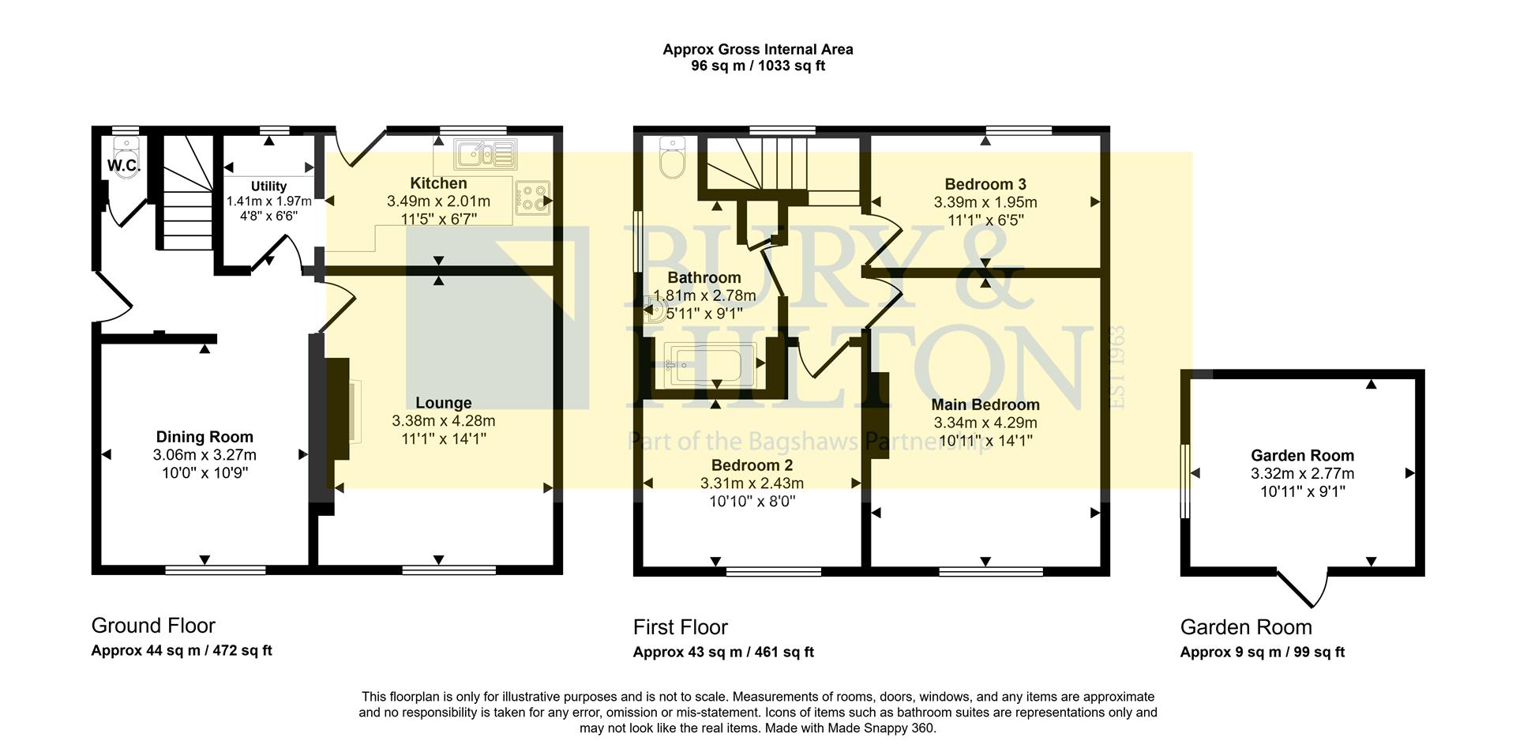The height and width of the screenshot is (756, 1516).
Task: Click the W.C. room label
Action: coord(124,166)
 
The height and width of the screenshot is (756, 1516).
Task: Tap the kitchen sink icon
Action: coord(485,154)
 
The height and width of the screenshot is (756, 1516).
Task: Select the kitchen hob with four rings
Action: coord(532,198)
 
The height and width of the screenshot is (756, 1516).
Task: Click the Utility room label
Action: coord(268,186)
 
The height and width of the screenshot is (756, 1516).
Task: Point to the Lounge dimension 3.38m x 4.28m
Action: coord(443,421)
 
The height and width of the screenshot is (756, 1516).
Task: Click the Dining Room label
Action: coord(205,437)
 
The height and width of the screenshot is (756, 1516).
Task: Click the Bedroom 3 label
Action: coord(985,184)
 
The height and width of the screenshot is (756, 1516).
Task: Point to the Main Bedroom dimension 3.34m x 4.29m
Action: coord(985,423)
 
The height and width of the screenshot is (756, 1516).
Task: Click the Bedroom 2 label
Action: coord(752,465)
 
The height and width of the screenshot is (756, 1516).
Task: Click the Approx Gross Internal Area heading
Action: coord(757,49)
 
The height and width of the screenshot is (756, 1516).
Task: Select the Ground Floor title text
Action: coord(153,626)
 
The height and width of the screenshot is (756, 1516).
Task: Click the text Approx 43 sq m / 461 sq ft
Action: coord(722,653)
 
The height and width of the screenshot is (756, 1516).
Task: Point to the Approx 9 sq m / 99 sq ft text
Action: coord(1262,653)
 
